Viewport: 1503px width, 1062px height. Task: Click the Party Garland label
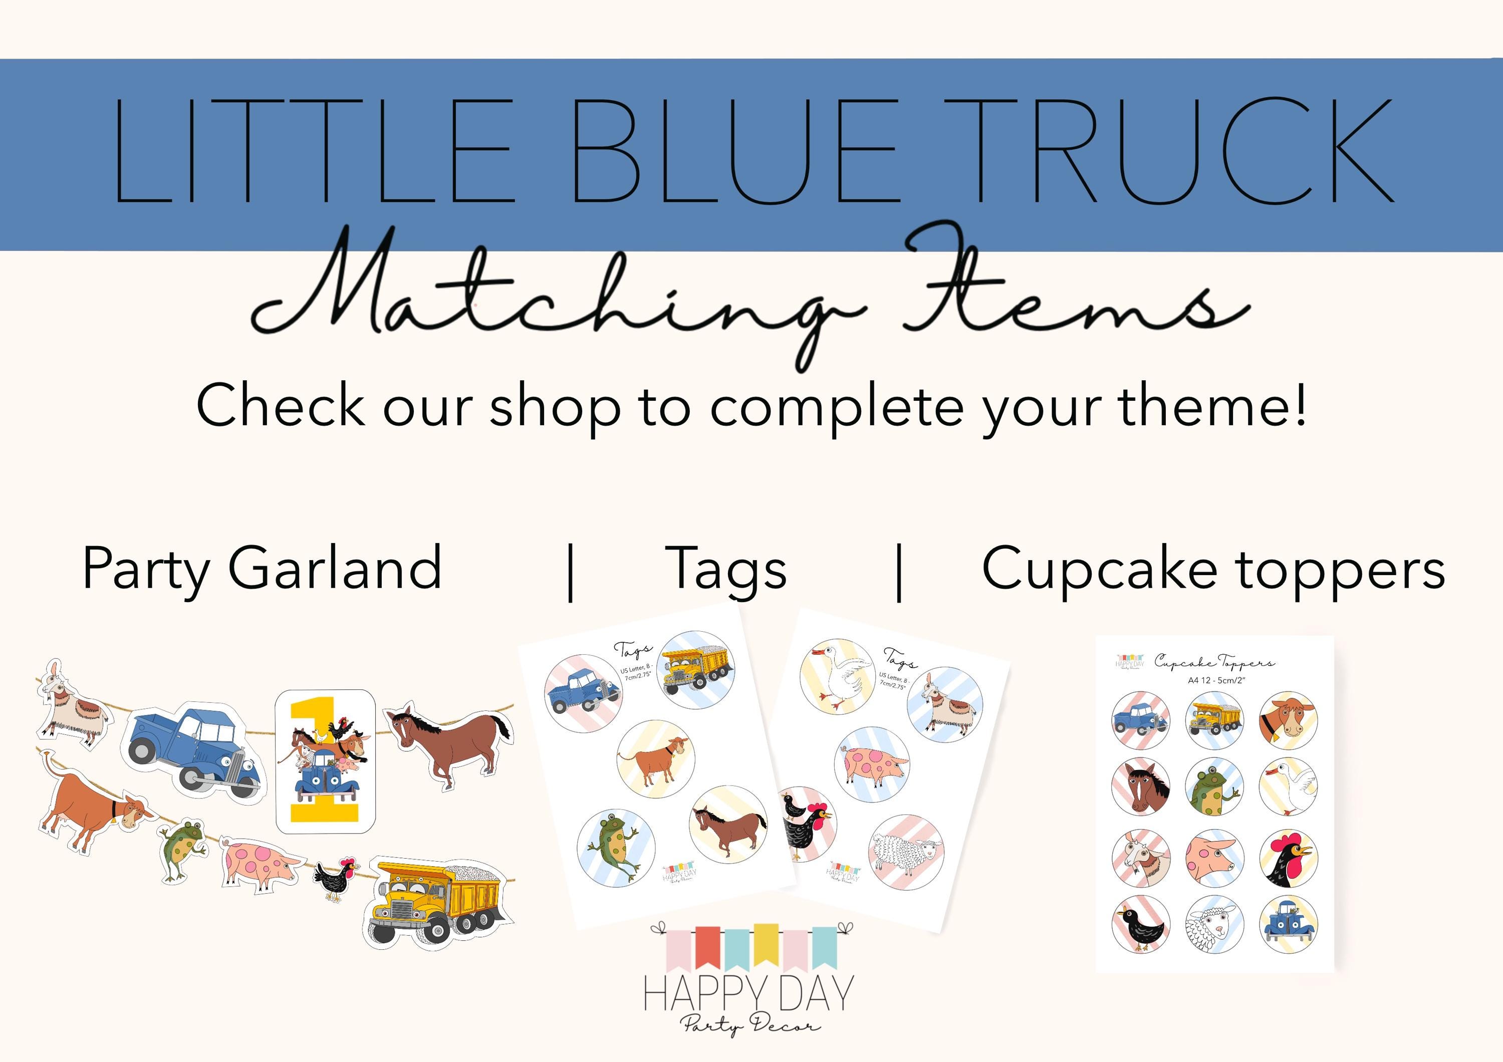coord(262,568)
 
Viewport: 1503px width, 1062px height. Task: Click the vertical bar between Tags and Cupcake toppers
coord(899,571)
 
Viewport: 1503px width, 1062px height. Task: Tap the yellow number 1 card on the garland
coord(325,761)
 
